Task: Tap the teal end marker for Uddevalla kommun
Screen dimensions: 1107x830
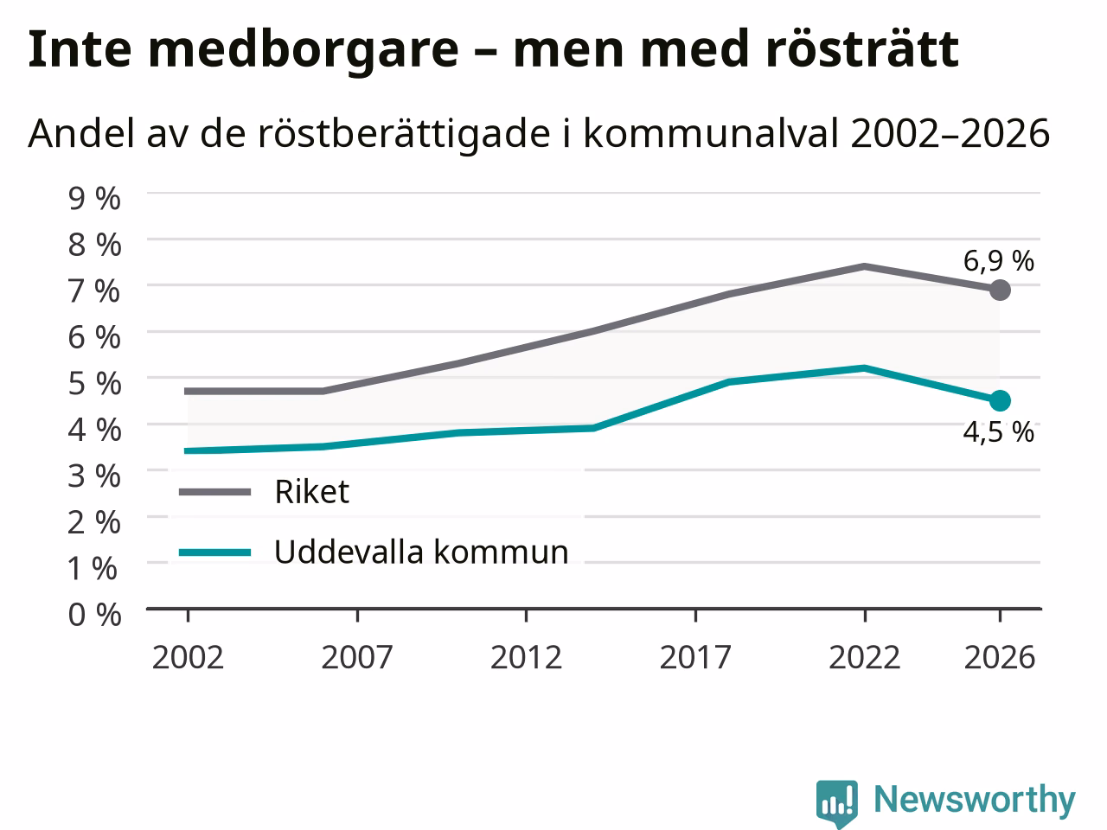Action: pos(1000,400)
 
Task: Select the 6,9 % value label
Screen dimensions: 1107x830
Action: pos(999,261)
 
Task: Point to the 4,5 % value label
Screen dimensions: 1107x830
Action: pos(999,432)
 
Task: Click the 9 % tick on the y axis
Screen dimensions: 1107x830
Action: pos(94,198)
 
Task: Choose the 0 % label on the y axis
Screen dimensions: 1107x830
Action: pos(94,615)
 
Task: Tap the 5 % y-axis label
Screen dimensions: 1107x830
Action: pos(94,384)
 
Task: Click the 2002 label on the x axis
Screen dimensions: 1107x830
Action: pos(188,658)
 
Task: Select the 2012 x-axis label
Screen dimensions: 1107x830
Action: pos(526,658)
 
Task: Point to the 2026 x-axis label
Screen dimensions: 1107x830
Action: pos(1000,658)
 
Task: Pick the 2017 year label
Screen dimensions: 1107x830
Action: pos(695,658)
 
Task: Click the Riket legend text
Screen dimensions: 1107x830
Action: pos(311,491)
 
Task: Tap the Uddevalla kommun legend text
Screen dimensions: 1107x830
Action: pos(422,552)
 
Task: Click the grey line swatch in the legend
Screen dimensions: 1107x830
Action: pos(214,492)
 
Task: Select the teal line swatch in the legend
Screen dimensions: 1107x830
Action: pos(214,552)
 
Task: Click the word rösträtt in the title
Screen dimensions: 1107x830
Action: pos(862,49)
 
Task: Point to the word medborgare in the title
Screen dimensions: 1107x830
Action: pos(304,52)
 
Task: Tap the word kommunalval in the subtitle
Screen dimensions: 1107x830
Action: pos(711,133)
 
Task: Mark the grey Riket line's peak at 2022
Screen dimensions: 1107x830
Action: pos(865,266)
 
